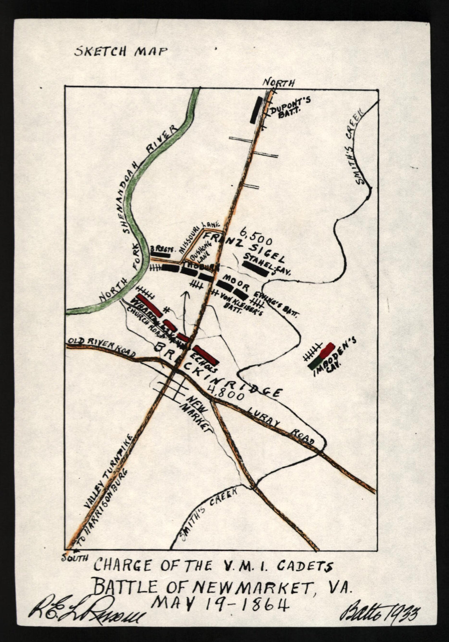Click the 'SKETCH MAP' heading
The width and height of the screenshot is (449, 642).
click(121, 51)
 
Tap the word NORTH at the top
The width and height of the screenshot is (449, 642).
click(278, 83)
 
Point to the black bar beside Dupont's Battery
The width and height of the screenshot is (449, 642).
click(256, 109)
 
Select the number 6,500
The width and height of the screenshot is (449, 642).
click(256, 234)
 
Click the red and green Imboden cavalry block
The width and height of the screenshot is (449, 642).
click(322, 356)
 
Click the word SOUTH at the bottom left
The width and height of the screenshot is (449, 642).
click(75, 558)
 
